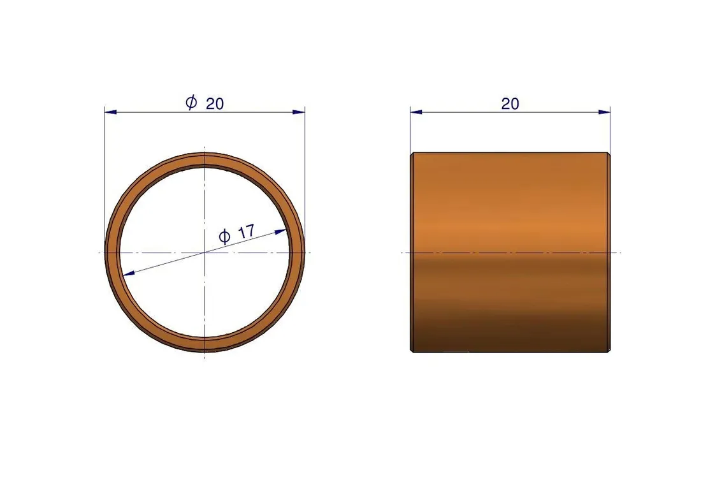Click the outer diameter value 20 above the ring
point(215,104)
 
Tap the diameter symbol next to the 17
point(224,236)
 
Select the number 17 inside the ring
point(247,231)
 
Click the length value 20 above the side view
point(510,104)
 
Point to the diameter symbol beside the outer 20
point(191,103)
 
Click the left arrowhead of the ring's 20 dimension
point(110,112)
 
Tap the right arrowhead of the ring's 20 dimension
point(299,112)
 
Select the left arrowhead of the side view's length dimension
point(416,112)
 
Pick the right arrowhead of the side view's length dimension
point(604,112)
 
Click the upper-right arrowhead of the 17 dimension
point(281,231)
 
